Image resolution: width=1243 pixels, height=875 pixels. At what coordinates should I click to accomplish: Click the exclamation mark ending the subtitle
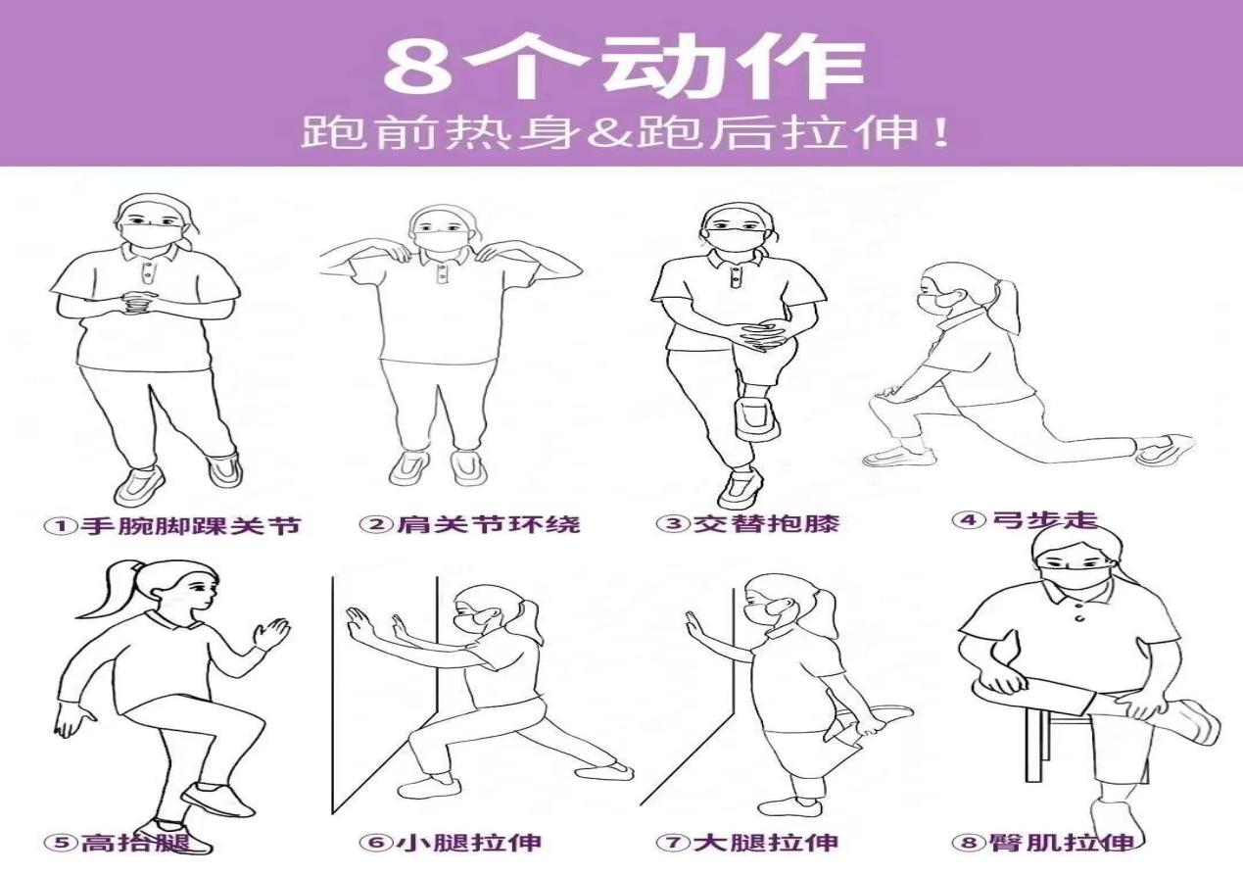tap(940, 132)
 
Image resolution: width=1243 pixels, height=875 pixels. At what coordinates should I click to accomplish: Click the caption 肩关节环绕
tap(489, 524)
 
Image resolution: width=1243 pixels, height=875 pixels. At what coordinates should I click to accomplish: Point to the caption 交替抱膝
tap(766, 523)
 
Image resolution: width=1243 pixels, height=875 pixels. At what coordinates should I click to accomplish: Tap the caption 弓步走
tap(1044, 520)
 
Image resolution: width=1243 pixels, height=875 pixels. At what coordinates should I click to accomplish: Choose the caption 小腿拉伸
tap(469, 843)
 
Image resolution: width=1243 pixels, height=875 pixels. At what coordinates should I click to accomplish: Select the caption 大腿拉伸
tap(766, 843)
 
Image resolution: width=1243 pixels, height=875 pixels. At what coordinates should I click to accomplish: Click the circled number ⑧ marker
tap(969, 843)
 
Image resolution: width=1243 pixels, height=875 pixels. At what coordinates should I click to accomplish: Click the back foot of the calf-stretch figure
tap(605, 770)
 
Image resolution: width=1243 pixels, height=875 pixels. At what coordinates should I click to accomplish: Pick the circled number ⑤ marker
tap(62, 843)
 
